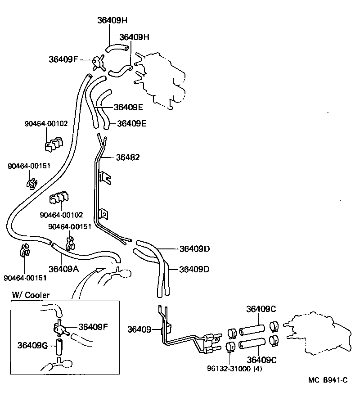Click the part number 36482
(x=128, y=158)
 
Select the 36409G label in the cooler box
(x=33, y=345)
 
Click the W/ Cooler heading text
(x=31, y=295)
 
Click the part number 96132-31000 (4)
(x=234, y=369)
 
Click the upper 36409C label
(x=261, y=309)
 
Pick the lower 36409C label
(x=261, y=359)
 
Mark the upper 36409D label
(x=195, y=248)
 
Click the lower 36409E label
(x=132, y=123)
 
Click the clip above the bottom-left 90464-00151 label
(x=25, y=250)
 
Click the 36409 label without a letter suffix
(x=139, y=329)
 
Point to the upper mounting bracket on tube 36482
(x=104, y=177)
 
